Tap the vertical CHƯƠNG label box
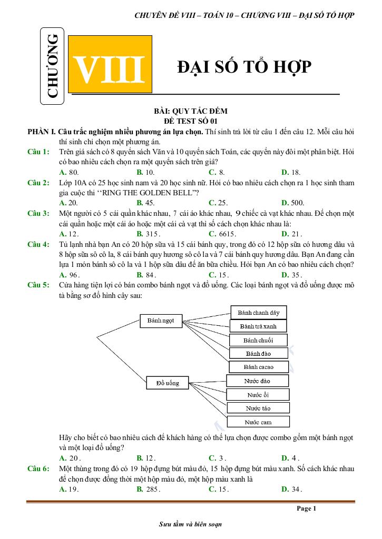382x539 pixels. coord(53,66)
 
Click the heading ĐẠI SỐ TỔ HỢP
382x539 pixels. coord(244,67)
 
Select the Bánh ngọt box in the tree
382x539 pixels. coord(161,321)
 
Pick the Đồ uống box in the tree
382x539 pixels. coord(167,383)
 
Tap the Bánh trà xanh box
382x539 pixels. coord(258,326)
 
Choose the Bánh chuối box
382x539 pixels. coord(258,340)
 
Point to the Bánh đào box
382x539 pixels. coord(258,353)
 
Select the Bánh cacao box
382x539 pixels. coord(258,367)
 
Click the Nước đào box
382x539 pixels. coord(257,381)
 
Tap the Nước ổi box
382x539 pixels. coord(258,395)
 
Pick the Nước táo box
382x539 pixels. coord(258,408)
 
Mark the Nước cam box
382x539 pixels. coord(258,422)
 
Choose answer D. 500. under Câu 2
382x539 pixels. coord(292,203)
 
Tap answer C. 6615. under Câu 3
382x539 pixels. coord(222,234)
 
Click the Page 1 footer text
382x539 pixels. coord(306,508)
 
